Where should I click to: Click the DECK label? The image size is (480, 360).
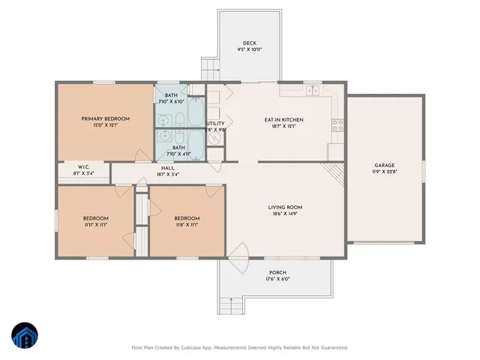coord(250,43)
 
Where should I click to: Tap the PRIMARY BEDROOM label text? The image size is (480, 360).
coord(106,118)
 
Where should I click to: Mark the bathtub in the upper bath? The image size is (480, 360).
coord(193,112)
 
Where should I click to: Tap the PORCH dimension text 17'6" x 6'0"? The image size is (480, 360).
coord(277,279)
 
